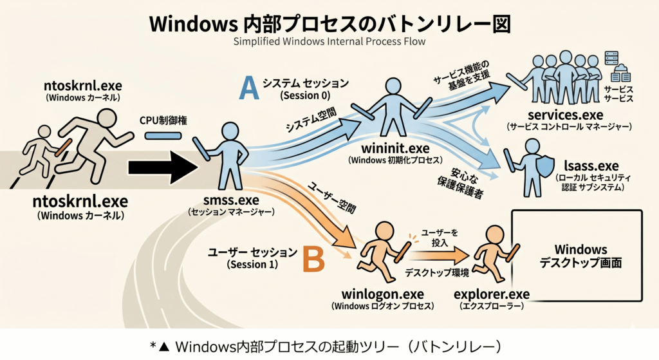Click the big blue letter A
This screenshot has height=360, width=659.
click(249, 88)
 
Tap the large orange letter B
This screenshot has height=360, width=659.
click(313, 259)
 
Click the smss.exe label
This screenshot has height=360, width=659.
click(231, 200)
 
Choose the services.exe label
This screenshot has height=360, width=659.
click(565, 115)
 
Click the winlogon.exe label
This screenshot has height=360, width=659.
click(382, 294)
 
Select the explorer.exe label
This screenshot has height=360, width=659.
click(491, 294)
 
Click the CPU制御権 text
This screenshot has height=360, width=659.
click(163, 120)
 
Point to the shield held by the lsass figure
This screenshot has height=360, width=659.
click(546, 167)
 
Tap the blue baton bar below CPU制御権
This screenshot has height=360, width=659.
click(163, 136)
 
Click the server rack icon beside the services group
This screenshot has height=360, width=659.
click(611, 58)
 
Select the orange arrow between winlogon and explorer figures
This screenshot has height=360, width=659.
click(439, 255)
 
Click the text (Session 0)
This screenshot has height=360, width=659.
click(306, 95)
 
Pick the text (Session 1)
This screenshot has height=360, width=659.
click(252, 265)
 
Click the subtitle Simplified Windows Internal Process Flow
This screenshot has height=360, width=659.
click(329, 42)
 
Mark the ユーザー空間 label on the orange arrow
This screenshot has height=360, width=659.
click(332, 198)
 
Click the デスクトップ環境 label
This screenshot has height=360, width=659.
click(437, 273)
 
